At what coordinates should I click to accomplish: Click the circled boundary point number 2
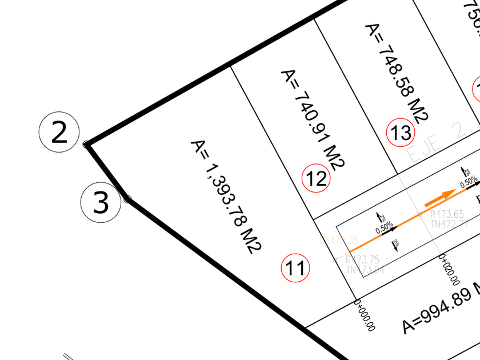tap(59, 133)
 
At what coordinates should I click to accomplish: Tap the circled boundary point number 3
tap(100, 203)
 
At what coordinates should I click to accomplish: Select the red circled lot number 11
tap(295, 268)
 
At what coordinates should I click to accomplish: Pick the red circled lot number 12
tap(316, 179)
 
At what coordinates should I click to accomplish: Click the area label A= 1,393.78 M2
tap(226, 195)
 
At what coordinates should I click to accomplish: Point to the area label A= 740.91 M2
tap(312, 119)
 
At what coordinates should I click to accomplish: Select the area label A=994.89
tap(440, 309)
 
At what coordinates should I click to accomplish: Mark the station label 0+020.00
tap(449, 271)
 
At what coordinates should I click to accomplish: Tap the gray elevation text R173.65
tap(447, 214)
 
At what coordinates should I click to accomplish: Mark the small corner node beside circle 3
tap(127, 199)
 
